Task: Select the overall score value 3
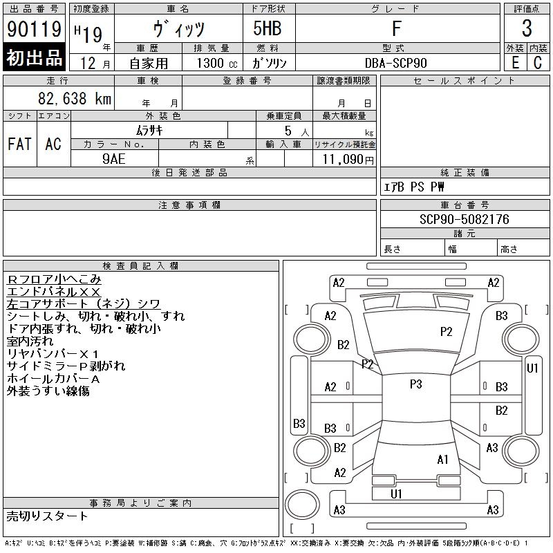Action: click(527, 29)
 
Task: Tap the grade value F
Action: click(396, 29)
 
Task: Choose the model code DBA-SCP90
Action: click(397, 63)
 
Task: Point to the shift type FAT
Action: click(19, 144)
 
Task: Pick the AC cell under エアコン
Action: click(53, 144)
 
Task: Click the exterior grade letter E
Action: click(515, 62)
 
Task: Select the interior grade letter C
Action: click(538, 62)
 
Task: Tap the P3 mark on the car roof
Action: click(415, 384)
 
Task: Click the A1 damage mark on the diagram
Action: click(443, 459)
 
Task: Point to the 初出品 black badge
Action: click(35, 58)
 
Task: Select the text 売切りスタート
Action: click(48, 516)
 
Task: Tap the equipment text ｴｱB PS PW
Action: click(414, 187)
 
